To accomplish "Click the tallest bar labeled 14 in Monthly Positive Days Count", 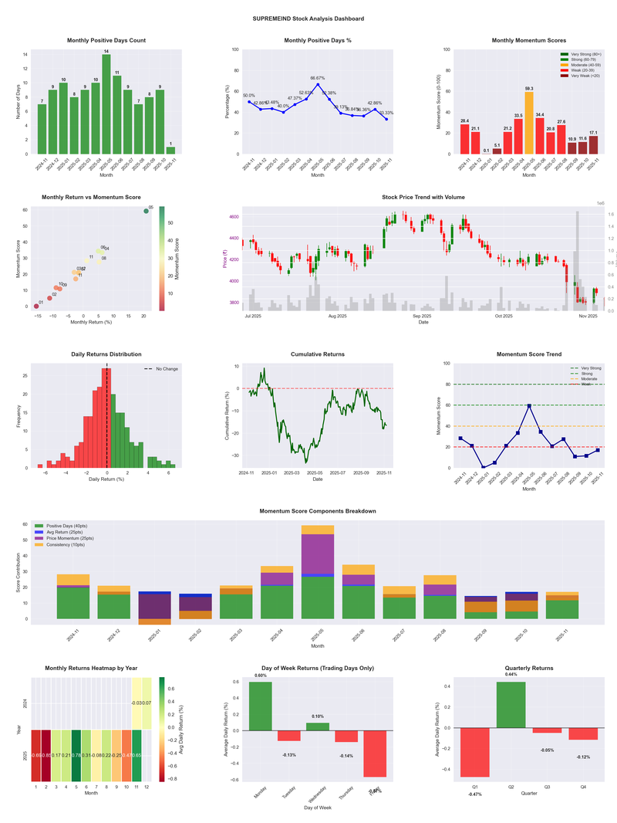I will tap(106, 103).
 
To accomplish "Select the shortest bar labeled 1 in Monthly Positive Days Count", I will tap(170, 150).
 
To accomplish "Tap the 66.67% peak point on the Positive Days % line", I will tap(318, 84).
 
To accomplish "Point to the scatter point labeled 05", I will tap(146, 211).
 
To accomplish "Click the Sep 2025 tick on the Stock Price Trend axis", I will tap(421, 317).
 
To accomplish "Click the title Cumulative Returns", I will tap(318, 354).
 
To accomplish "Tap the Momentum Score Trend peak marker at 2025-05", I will tap(529, 405).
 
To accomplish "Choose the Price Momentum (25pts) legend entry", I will tap(71, 538).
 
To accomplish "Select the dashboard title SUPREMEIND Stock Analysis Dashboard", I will tap(308, 19).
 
